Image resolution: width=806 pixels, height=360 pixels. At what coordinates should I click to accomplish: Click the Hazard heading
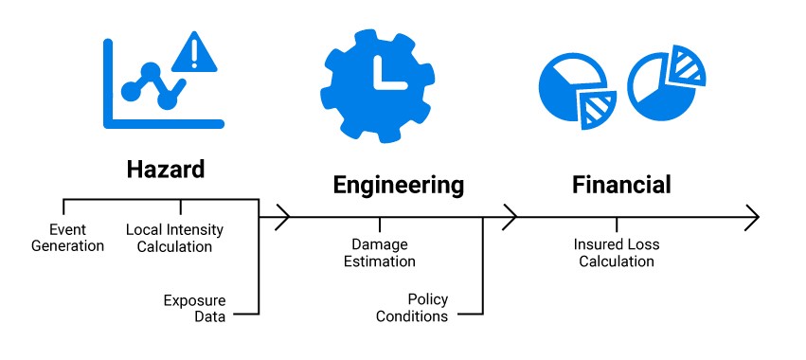[166, 170]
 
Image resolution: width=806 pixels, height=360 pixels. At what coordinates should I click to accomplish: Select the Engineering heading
[399, 184]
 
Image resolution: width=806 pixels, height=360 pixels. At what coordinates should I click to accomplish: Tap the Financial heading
[621, 184]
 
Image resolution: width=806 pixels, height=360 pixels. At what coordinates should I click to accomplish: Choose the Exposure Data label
[194, 309]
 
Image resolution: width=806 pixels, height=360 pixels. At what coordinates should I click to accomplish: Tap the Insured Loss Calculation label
[617, 253]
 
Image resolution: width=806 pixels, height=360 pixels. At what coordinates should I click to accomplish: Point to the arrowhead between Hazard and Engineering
[281, 217]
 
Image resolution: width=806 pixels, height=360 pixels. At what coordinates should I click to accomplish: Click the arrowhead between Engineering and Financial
[510, 217]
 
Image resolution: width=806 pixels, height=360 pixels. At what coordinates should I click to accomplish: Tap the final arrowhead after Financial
[752, 217]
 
